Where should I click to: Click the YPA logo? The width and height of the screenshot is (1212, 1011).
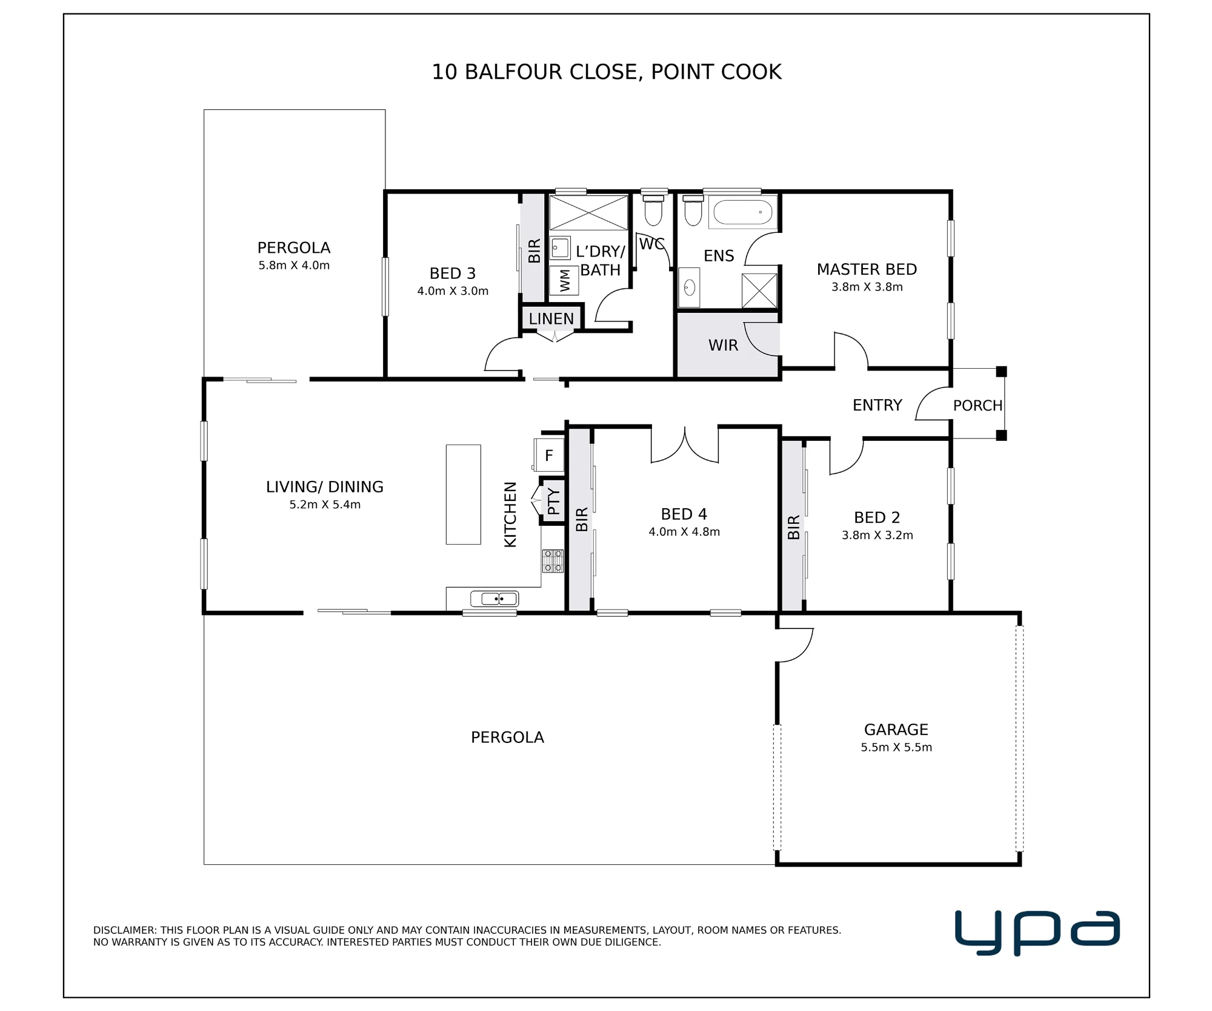click(1037, 932)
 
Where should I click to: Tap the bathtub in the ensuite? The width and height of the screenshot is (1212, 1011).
click(743, 212)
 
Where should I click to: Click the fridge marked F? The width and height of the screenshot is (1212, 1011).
click(548, 455)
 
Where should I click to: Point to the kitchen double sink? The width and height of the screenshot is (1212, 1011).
click(495, 599)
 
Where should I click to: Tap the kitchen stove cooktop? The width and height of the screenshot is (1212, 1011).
click(553, 561)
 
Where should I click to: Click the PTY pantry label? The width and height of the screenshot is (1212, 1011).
click(554, 502)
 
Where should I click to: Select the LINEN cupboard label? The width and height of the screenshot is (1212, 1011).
click(551, 319)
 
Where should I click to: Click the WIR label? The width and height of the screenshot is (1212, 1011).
click(724, 345)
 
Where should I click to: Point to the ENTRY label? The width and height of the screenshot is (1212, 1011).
click(877, 405)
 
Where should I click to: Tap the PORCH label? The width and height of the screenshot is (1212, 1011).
click(977, 406)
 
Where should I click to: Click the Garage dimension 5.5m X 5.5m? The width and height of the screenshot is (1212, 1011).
click(896, 747)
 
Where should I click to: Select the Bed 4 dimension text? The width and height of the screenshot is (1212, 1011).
click(684, 532)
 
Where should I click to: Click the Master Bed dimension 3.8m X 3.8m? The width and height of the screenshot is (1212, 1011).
click(867, 287)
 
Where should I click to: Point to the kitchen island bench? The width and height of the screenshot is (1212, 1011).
click(464, 494)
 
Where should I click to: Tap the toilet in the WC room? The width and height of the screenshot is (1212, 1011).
click(653, 210)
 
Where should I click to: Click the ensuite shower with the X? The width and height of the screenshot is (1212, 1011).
click(759, 291)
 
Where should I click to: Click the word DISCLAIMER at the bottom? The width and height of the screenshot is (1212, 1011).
click(125, 930)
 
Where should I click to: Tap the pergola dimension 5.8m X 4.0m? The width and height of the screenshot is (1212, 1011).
click(294, 265)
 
